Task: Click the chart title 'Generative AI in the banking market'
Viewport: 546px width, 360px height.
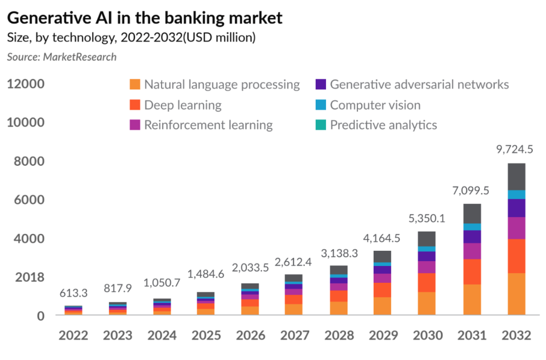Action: coord(145,17)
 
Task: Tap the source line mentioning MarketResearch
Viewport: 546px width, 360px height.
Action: coord(61,57)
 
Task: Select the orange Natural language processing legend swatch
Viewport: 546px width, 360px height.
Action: coord(136,84)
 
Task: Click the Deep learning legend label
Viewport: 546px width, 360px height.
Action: coord(183,105)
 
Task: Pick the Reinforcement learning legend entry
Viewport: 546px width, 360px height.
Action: coord(208,125)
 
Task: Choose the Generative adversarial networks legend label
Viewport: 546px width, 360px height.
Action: coord(419,84)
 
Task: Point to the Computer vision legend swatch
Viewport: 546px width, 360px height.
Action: coord(321,105)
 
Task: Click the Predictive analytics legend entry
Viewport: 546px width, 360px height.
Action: coord(383,125)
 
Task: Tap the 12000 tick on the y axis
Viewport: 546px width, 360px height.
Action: coord(26,84)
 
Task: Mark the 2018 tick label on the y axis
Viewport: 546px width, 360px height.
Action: coord(26,277)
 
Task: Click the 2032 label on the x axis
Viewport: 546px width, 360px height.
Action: coord(516,335)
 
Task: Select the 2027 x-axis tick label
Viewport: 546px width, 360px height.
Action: coord(293,335)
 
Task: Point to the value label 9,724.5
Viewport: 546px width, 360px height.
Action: coord(516,149)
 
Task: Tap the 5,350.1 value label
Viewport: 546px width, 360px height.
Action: coord(427,218)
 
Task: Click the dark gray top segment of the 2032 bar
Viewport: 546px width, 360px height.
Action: coord(516,176)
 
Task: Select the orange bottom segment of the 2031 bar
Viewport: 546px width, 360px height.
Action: coord(472,299)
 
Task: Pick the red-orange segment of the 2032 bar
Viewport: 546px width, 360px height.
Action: coord(516,256)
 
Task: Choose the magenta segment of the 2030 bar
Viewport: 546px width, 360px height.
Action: coord(427,267)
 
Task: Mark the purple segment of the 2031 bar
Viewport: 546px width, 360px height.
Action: coord(472,236)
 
